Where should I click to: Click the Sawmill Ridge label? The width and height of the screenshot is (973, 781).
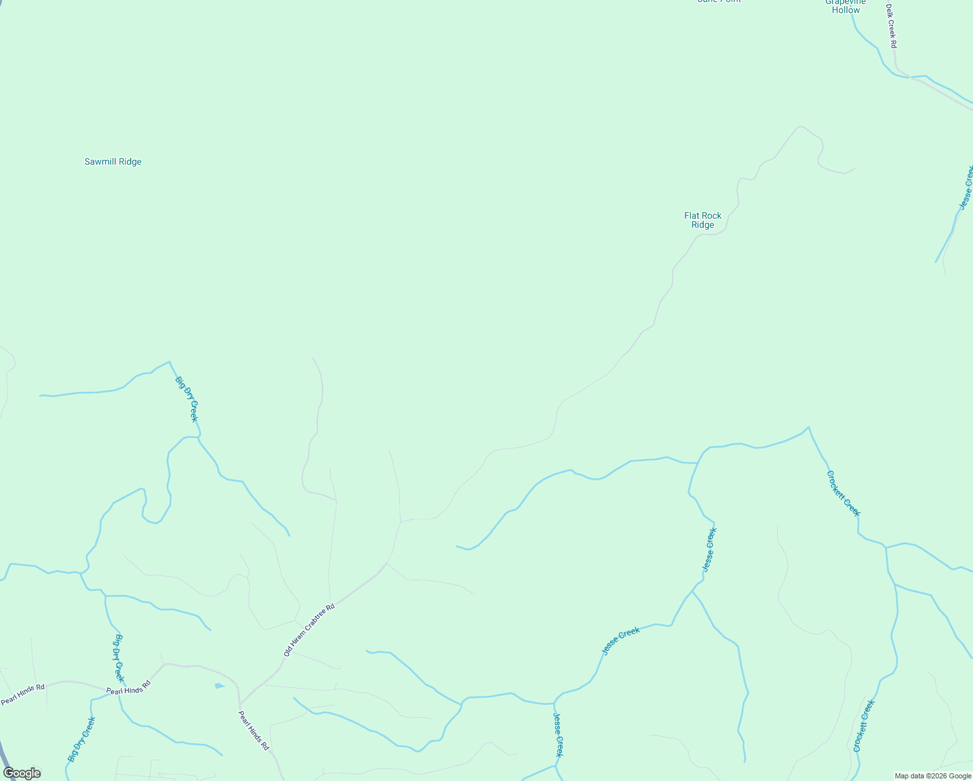click(x=113, y=161)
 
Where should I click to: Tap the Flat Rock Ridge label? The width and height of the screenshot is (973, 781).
click(x=702, y=220)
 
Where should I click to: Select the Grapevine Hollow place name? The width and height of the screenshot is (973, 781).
click(x=846, y=6)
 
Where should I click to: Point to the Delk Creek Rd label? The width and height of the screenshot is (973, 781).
click(x=891, y=26)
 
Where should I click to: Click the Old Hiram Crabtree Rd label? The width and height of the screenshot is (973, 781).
click(x=310, y=629)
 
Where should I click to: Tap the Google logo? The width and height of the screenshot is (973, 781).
click(x=22, y=773)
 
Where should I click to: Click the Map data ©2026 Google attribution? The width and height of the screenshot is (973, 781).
click(x=933, y=776)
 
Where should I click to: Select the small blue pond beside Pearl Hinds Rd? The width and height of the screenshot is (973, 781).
click(x=219, y=685)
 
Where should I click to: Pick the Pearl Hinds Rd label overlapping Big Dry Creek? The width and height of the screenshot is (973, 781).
click(x=129, y=687)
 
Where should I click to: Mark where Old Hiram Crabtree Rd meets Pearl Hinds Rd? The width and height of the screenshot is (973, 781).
click(x=240, y=704)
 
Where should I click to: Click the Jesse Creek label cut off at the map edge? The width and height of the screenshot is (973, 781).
click(x=966, y=187)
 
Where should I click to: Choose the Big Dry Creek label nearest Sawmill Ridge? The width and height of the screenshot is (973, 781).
click(x=186, y=399)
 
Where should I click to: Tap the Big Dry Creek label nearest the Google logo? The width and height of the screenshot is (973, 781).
click(x=81, y=739)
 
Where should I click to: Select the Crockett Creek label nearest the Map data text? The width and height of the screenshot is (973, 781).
click(x=864, y=726)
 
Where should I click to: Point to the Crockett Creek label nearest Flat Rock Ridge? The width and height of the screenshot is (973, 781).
click(x=844, y=493)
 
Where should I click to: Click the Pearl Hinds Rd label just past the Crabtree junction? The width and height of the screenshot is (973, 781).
click(x=253, y=731)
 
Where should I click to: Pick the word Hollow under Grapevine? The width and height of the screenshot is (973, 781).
click(x=846, y=10)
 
